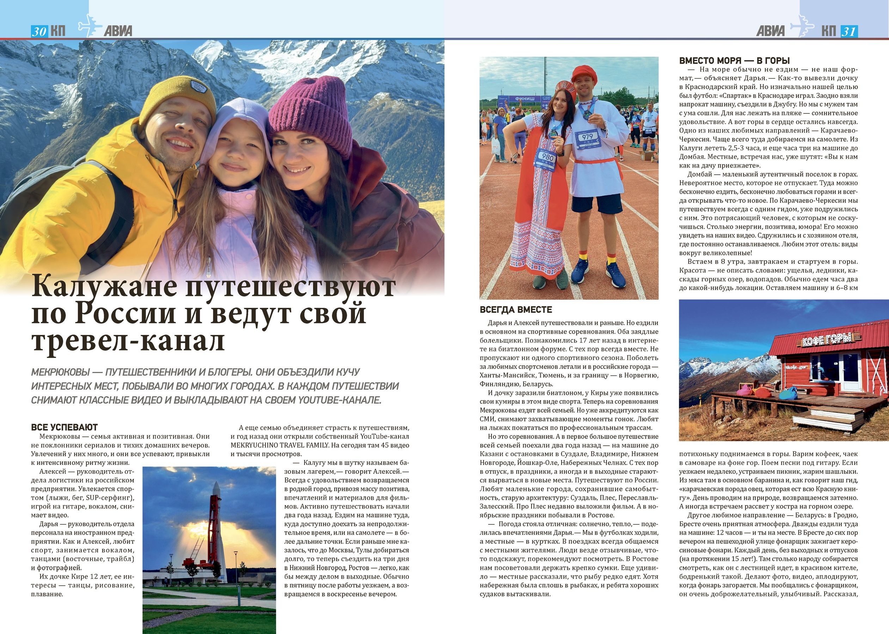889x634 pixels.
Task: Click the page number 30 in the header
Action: point(39,32)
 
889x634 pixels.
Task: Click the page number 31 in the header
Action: point(848,32)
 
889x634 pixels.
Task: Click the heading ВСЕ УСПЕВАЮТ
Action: point(65,427)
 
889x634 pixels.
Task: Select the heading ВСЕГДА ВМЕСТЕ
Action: point(516,310)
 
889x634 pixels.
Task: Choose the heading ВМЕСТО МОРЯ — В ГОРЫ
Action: point(734,61)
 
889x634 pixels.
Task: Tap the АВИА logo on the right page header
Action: point(770,31)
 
